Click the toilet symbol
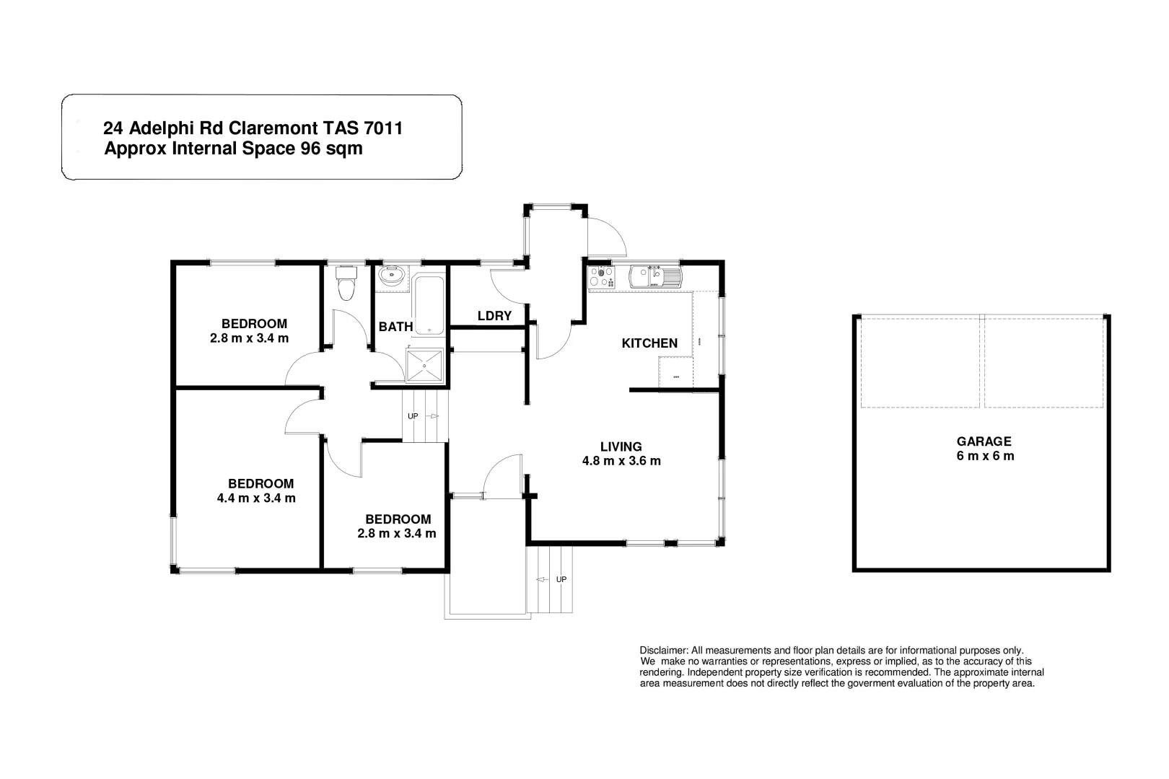(347, 284)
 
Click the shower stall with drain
(425, 366)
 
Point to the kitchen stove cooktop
(601, 277)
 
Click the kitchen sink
(654, 277)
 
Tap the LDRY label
(494, 316)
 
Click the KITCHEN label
(649, 343)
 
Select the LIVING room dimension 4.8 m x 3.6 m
(621, 461)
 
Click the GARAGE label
(984, 441)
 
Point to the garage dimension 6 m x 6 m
(984, 456)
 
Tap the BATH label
(395, 327)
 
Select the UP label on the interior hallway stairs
(413, 416)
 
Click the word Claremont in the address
(272, 128)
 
